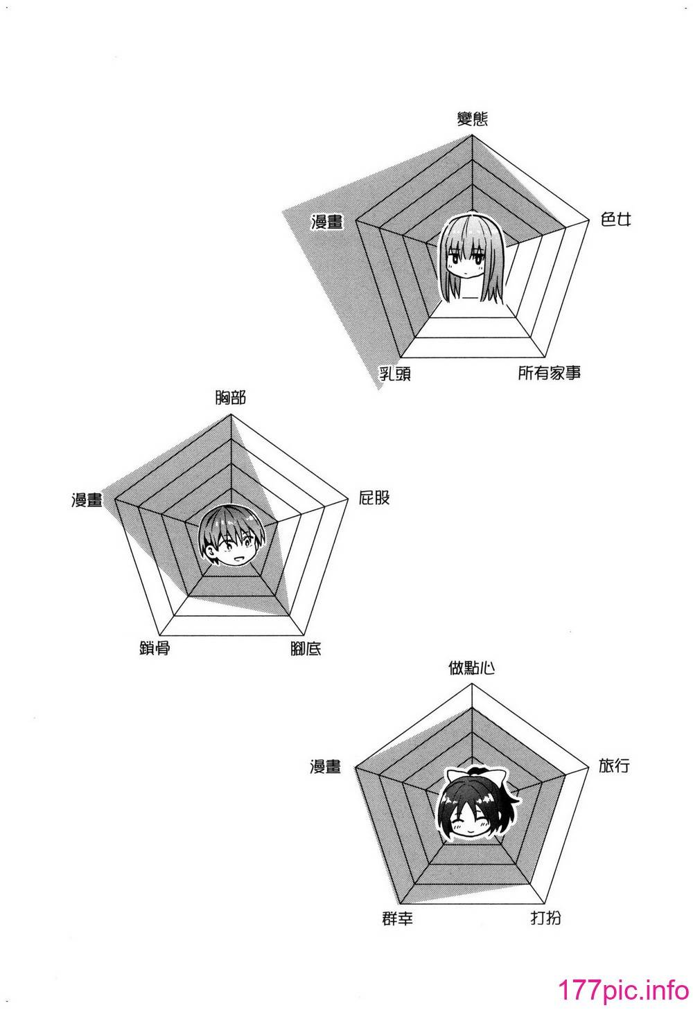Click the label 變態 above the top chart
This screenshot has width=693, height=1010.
tap(473, 119)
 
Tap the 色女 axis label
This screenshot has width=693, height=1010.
tap(615, 220)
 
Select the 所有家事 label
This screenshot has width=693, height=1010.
tap(549, 373)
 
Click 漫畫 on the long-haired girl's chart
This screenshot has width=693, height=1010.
tap(327, 222)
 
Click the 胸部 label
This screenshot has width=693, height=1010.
tap(230, 398)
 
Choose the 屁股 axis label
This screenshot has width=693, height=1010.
tap(374, 498)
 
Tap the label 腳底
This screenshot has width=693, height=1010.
tap(306, 648)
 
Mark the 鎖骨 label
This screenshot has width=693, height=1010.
tap(155, 648)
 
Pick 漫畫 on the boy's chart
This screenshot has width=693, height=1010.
tap(87, 499)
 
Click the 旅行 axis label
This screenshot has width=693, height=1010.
tap(614, 765)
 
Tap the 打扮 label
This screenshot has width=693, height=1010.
tap(546, 918)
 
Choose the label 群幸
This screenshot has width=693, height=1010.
tap(398, 919)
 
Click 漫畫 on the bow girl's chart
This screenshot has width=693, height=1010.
tap(325, 767)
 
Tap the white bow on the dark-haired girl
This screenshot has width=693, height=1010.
tap(476, 777)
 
